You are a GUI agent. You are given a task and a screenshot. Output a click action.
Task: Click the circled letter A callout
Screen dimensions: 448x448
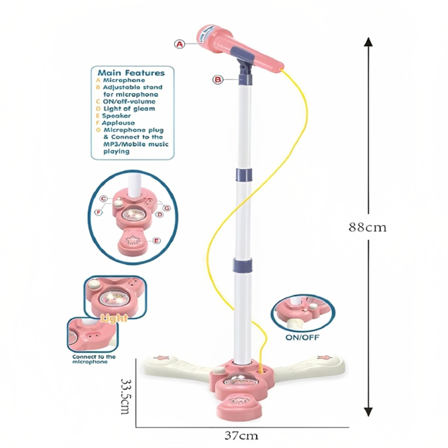pos(180,44)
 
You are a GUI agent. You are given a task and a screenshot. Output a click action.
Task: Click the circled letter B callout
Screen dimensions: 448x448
pos(218,80)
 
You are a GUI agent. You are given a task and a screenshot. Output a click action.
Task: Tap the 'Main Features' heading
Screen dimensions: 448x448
pos(131,73)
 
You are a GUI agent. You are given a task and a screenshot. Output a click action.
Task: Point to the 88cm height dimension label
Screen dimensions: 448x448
pos(368,227)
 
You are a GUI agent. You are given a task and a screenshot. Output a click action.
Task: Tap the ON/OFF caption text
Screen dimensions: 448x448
pos(302,337)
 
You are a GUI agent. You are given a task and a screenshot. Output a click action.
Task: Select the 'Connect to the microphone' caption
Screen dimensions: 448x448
pos(94,359)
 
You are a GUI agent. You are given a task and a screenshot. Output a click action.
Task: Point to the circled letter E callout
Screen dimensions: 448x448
pos(156,241)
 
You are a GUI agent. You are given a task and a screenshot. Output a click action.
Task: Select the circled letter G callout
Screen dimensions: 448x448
pos(166,207)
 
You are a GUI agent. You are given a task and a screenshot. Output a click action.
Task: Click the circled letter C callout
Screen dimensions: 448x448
pos(103,198)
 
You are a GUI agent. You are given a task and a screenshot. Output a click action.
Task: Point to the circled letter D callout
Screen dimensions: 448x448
pos(159,215)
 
